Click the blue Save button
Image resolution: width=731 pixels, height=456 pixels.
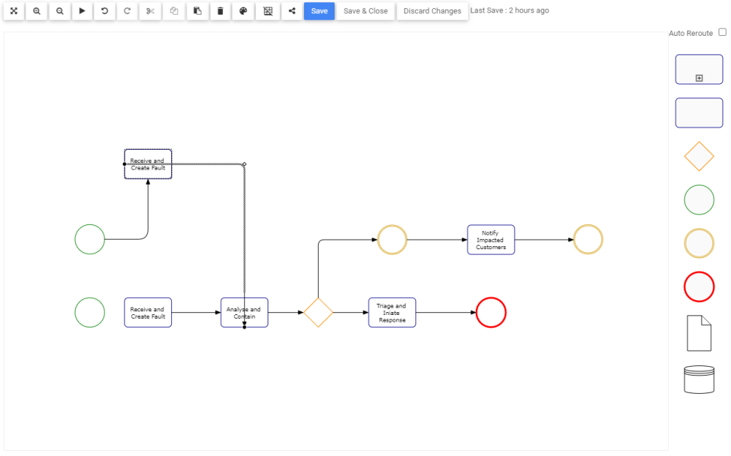(x=319, y=11)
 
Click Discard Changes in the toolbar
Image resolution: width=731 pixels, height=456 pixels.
(x=432, y=11)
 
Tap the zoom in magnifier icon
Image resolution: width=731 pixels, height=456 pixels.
(x=37, y=11)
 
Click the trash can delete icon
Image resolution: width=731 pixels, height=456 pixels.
(x=220, y=11)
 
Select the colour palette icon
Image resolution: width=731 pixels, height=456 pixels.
(x=243, y=11)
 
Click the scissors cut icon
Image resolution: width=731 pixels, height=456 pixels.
(x=150, y=11)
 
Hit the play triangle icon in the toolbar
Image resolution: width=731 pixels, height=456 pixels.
(x=82, y=11)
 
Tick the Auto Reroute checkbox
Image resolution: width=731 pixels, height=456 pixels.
(x=722, y=32)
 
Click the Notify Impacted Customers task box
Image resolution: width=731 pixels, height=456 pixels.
(x=491, y=240)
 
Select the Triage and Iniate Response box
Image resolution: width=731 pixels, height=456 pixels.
(x=392, y=313)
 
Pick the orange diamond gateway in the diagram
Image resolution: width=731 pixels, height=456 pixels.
(x=318, y=313)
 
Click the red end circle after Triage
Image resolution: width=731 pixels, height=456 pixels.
(x=491, y=313)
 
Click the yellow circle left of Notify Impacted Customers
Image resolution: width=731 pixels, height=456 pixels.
(x=392, y=240)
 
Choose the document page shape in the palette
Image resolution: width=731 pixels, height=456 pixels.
(x=699, y=333)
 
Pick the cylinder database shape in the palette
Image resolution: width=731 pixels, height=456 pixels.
(x=699, y=379)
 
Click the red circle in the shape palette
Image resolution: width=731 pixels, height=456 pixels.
(x=699, y=286)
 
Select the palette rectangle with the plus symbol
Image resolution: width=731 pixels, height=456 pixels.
(x=699, y=69)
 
